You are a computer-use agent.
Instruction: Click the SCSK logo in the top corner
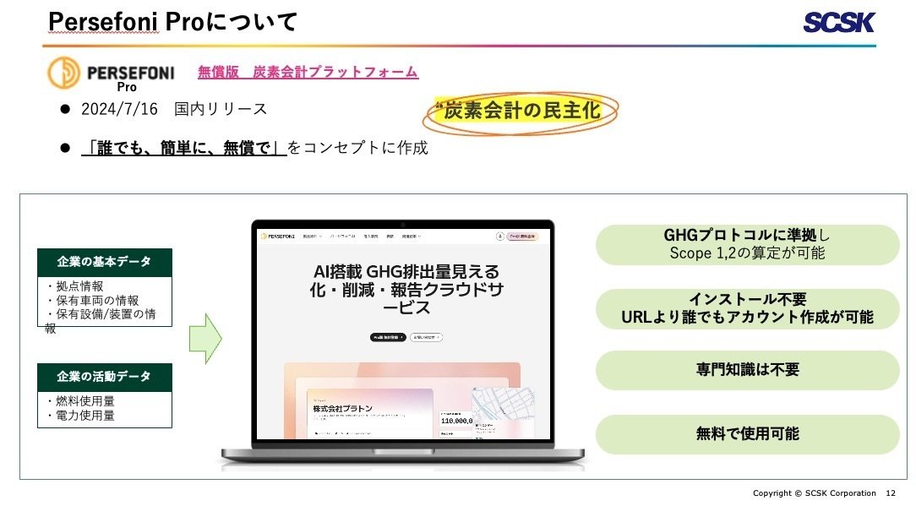[x=839, y=23]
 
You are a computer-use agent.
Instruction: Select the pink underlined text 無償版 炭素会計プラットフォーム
[x=308, y=73]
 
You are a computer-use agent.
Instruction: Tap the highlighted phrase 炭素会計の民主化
[x=521, y=112]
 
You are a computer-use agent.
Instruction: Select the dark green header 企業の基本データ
[x=105, y=262]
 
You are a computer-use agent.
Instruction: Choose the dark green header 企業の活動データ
[x=105, y=377]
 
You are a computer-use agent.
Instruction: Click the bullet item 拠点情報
[x=79, y=286]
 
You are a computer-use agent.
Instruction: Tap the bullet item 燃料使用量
[x=85, y=401]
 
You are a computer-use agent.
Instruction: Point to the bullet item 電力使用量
[x=85, y=416]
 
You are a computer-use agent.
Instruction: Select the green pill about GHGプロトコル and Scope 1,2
[x=747, y=244]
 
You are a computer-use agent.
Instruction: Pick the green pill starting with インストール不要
[x=747, y=308]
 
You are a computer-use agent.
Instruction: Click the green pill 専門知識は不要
[x=747, y=370]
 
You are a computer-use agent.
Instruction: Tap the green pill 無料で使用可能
[x=747, y=434]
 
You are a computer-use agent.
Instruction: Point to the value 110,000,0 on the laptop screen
[x=457, y=419]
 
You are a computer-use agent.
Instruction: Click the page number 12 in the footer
[x=891, y=493]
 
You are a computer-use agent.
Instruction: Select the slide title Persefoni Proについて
[x=172, y=23]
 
